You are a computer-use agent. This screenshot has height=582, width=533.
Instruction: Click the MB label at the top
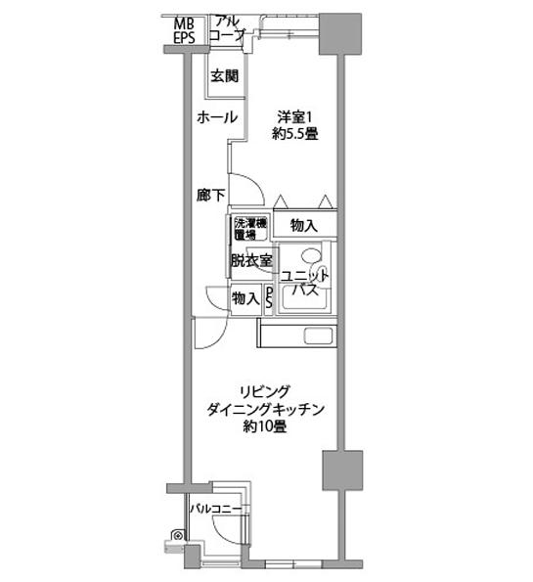click(x=185, y=22)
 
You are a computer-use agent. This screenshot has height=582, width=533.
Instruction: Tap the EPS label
click(x=185, y=38)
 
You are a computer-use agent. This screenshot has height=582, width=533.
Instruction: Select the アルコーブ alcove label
click(x=227, y=27)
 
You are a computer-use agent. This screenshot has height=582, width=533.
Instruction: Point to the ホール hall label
click(x=216, y=117)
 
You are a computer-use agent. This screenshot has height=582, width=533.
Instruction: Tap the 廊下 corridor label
click(x=210, y=195)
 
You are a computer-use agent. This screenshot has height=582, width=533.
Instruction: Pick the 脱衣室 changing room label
click(x=250, y=261)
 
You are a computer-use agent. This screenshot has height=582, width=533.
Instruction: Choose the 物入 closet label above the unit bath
click(x=304, y=225)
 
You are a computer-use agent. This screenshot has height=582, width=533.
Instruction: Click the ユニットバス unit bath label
click(x=305, y=284)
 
